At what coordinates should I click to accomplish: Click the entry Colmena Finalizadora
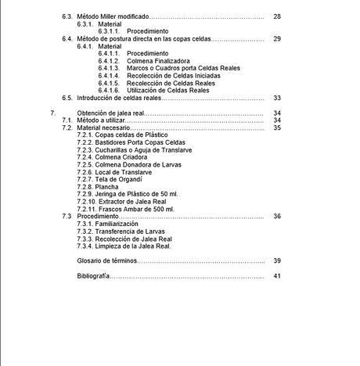159,60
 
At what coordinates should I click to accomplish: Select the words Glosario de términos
106,260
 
